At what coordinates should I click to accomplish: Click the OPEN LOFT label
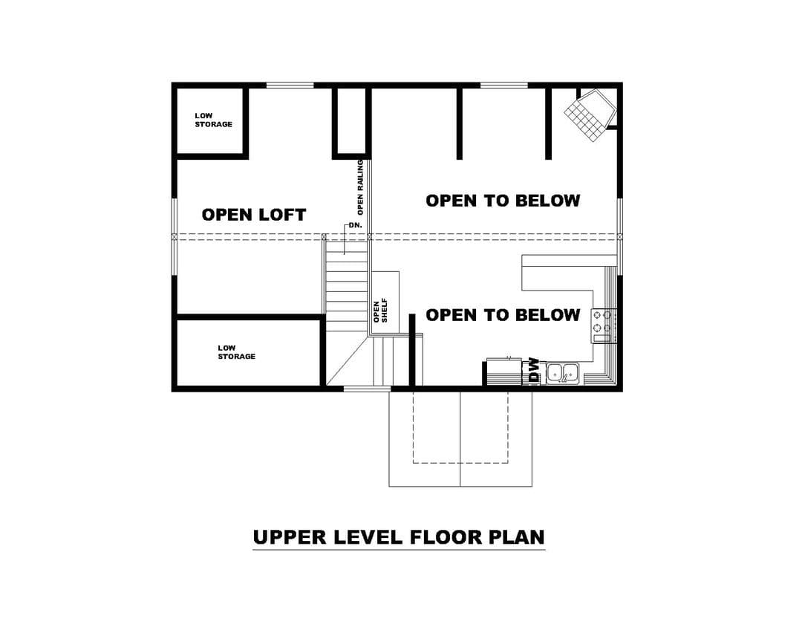[254, 215]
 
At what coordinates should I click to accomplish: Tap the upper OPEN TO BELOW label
[503, 201]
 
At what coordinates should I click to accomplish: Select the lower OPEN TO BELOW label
[503, 315]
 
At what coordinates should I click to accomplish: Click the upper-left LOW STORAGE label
[213, 120]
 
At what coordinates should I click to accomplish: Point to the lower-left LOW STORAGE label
[236, 352]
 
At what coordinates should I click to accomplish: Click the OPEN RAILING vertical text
[360, 187]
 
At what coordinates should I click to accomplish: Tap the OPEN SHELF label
[380, 311]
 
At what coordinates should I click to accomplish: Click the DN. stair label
[356, 225]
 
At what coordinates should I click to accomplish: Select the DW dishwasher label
[534, 371]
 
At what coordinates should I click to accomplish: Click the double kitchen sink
[563, 373]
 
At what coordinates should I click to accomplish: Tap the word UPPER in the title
[290, 537]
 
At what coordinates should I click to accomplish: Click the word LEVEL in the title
[368, 537]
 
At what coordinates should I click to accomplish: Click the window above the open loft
[290, 85]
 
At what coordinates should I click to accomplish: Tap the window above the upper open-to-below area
[503, 85]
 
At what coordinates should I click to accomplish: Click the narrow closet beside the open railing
[351, 121]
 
